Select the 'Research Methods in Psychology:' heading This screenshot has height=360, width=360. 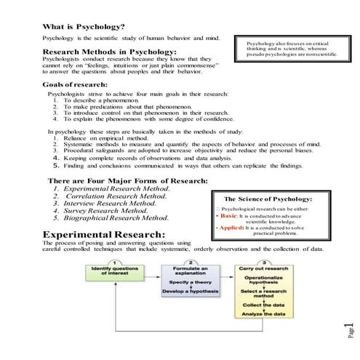tap(109, 52)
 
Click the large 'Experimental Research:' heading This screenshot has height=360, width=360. tap(104, 234)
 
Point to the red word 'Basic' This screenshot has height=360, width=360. tap(228, 217)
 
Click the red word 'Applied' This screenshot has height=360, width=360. tap(231, 228)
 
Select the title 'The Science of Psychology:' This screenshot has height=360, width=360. tap(268, 199)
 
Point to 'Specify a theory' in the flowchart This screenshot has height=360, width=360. tap(191, 282)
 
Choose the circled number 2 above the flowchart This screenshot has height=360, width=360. tap(191, 261)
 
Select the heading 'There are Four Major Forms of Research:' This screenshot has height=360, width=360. tap(127, 180)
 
